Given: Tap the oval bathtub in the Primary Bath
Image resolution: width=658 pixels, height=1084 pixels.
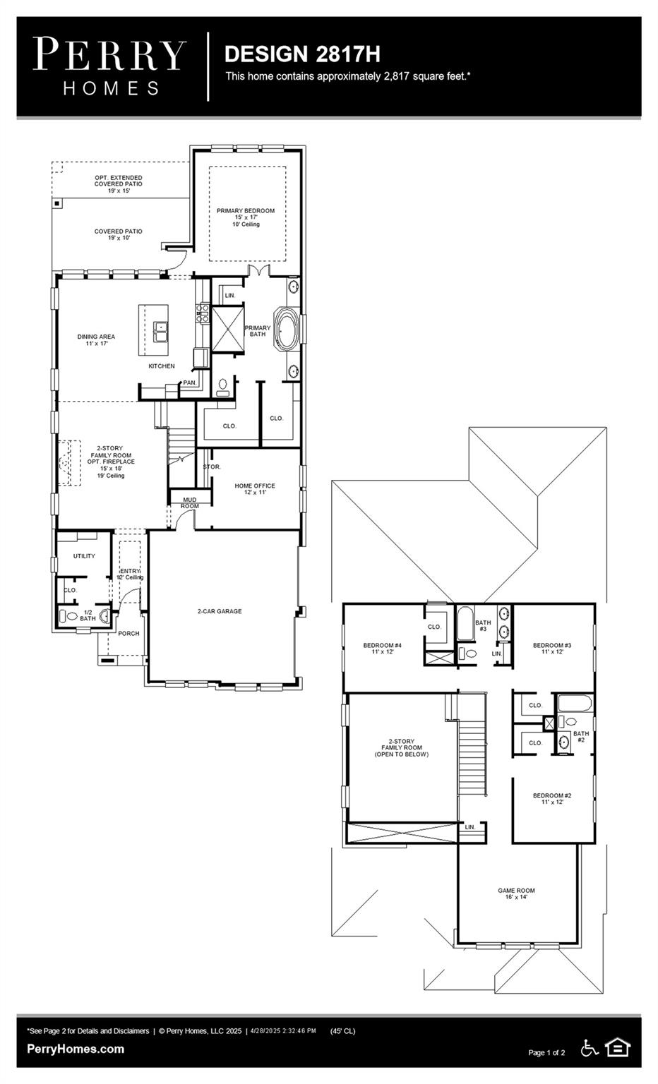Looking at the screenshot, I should click(x=287, y=329).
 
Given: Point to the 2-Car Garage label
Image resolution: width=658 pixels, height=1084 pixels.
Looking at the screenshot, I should click(x=220, y=611).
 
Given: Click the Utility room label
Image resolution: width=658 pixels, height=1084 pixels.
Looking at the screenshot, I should click(x=84, y=556).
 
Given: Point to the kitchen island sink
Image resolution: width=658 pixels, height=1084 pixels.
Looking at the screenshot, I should click(x=161, y=327).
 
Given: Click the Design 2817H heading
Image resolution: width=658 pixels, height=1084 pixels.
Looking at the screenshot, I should click(x=302, y=54).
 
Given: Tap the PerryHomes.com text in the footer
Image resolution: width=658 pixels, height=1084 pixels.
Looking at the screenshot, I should click(x=76, y=1049).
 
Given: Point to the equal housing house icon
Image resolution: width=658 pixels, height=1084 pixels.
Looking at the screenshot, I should click(x=618, y=1047).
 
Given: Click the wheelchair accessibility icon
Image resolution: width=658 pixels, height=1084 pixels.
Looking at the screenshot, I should click(x=589, y=1048).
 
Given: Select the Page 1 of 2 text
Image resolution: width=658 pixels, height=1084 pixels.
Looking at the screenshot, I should click(x=546, y=1052).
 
